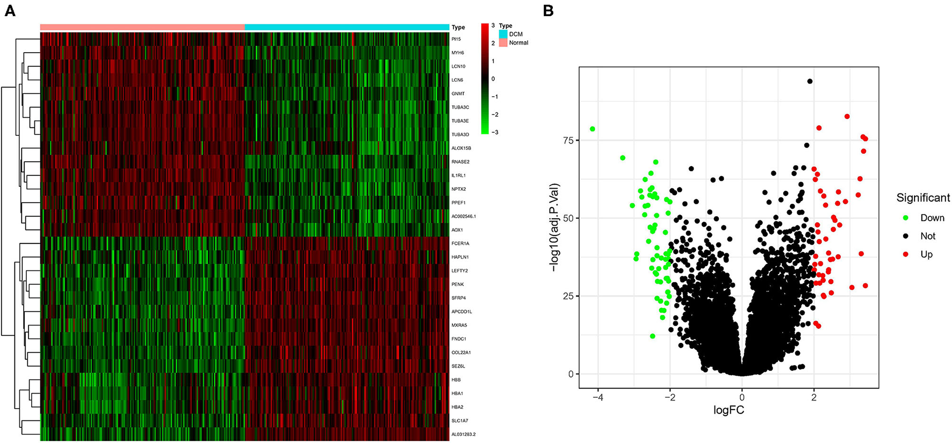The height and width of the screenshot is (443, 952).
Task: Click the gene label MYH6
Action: click(458, 53)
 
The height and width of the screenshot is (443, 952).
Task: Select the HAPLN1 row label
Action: click(460, 257)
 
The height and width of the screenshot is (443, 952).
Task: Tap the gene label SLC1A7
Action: click(460, 420)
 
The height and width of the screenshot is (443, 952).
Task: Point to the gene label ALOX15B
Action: click(461, 148)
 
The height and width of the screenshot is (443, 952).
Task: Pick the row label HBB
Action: click(456, 380)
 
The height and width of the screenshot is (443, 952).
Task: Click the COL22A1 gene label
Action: click(461, 353)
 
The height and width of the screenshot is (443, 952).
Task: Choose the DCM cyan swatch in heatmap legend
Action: click(503, 34)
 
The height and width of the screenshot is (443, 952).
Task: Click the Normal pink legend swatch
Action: click(503, 42)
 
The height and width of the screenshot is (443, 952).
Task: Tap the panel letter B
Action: click(548, 10)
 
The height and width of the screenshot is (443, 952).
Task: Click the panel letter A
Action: click(9, 10)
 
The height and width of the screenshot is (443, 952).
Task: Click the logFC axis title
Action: click(729, 410)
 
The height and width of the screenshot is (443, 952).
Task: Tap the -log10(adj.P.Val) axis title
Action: click(555, 227)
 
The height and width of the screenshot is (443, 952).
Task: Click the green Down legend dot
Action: click(906, 218)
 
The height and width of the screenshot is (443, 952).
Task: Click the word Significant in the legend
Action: click(923, 198)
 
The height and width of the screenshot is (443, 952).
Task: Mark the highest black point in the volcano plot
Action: click(810, 81)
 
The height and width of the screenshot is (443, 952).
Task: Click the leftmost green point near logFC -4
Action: click(593, 129)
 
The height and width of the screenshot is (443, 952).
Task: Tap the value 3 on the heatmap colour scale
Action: click(493, 25)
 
